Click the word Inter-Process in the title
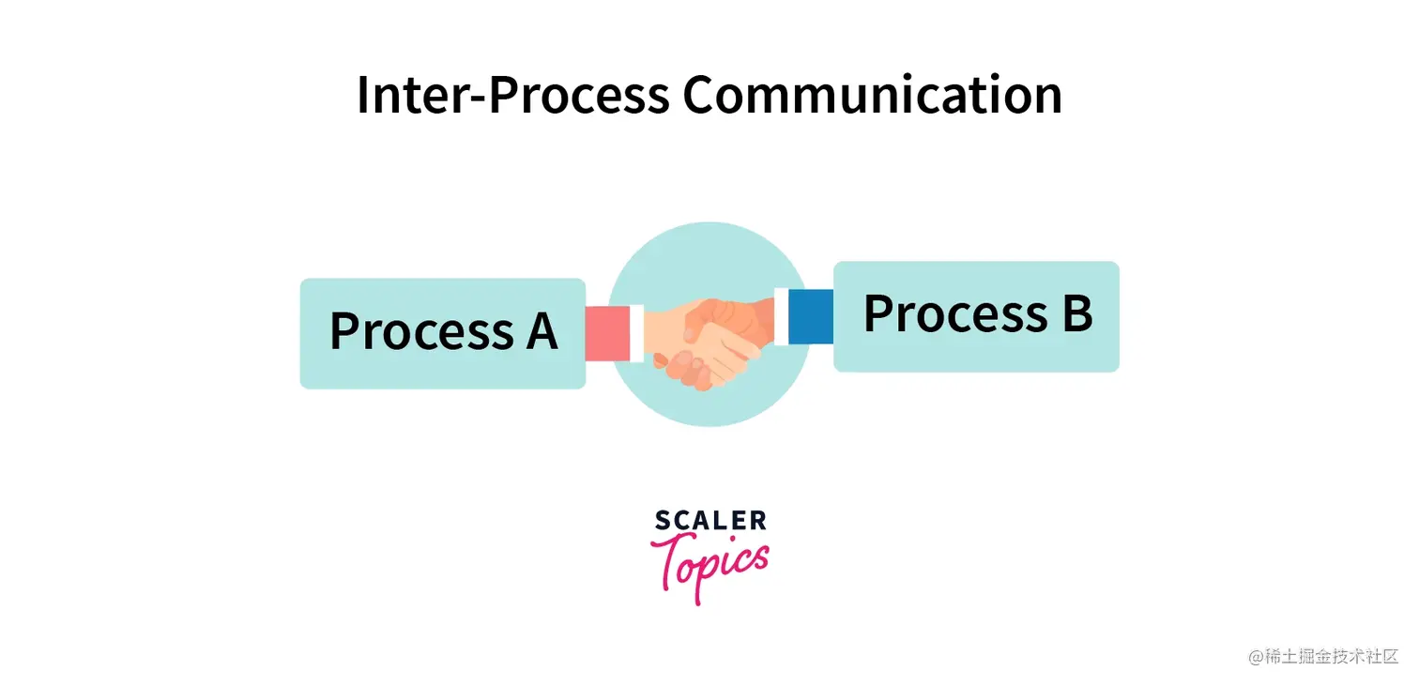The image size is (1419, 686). click(x=512, y=95)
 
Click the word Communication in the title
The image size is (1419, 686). click(x=872, y=95)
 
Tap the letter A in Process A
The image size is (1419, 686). click(x=541, y=331)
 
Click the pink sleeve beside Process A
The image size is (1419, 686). click(x=607, y=333)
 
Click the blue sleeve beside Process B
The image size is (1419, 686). click(x=811, y=316)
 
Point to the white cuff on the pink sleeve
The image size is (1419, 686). click(x=637, y=333)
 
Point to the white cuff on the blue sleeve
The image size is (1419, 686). click(x=781, y=316)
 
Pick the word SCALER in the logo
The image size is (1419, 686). click(x=710, y=521)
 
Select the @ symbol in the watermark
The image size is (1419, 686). click(x=1256, y=657)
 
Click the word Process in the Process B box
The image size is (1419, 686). click(x=954, y=314)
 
